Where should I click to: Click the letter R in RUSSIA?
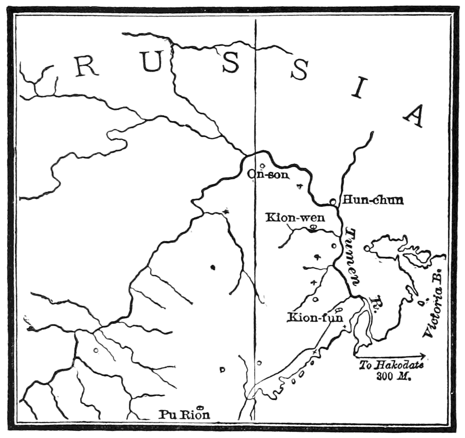pos(87,67)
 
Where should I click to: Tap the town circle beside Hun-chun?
pos(333,201)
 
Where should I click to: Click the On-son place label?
pos(268,174)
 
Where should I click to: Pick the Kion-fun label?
pos(308,317)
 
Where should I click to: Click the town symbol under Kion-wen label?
pos(313,227)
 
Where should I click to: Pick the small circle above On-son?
pos(262,166)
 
